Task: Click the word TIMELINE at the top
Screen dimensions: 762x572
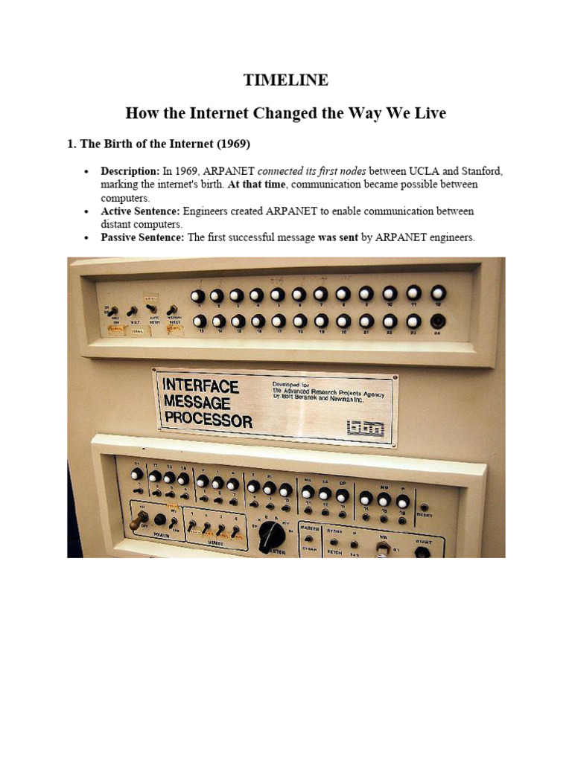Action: click(x=286, y=80)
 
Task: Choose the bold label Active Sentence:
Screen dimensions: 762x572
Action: click(x=140, y=211)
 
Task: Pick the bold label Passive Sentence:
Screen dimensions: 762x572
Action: click(x=142, y=237)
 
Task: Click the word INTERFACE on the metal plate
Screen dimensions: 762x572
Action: click(x=201, y=386)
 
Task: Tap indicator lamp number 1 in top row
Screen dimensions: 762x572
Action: click(x=197, y=296)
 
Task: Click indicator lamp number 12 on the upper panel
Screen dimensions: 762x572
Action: click(x=438, y=294)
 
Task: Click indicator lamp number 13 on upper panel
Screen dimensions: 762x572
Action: click(x=198, y=321)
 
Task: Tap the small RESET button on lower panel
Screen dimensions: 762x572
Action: click(x=425, y=507)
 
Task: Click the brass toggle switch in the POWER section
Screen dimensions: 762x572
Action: click(x=136, y=524)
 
